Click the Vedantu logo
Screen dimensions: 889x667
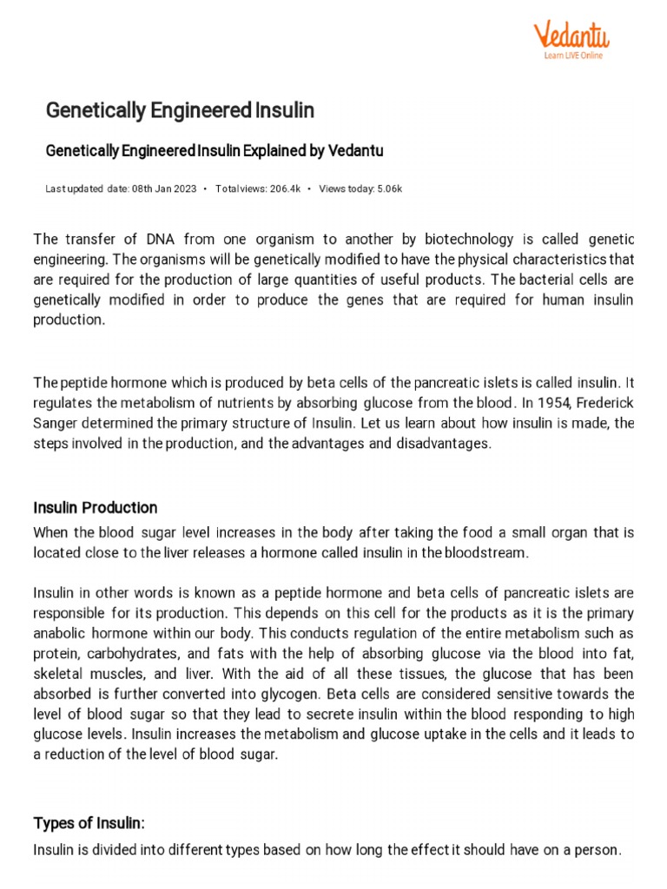point(571,36)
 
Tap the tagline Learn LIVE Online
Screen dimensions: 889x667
point(573,56)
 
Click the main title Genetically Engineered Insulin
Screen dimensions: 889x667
point(180,111)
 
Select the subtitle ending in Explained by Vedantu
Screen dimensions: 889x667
point(214,151)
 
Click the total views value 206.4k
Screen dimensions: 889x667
point(284,188)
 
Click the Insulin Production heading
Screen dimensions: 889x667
point(96,507)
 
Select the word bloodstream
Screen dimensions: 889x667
point(484,552)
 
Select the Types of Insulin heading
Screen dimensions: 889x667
point(87,822)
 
